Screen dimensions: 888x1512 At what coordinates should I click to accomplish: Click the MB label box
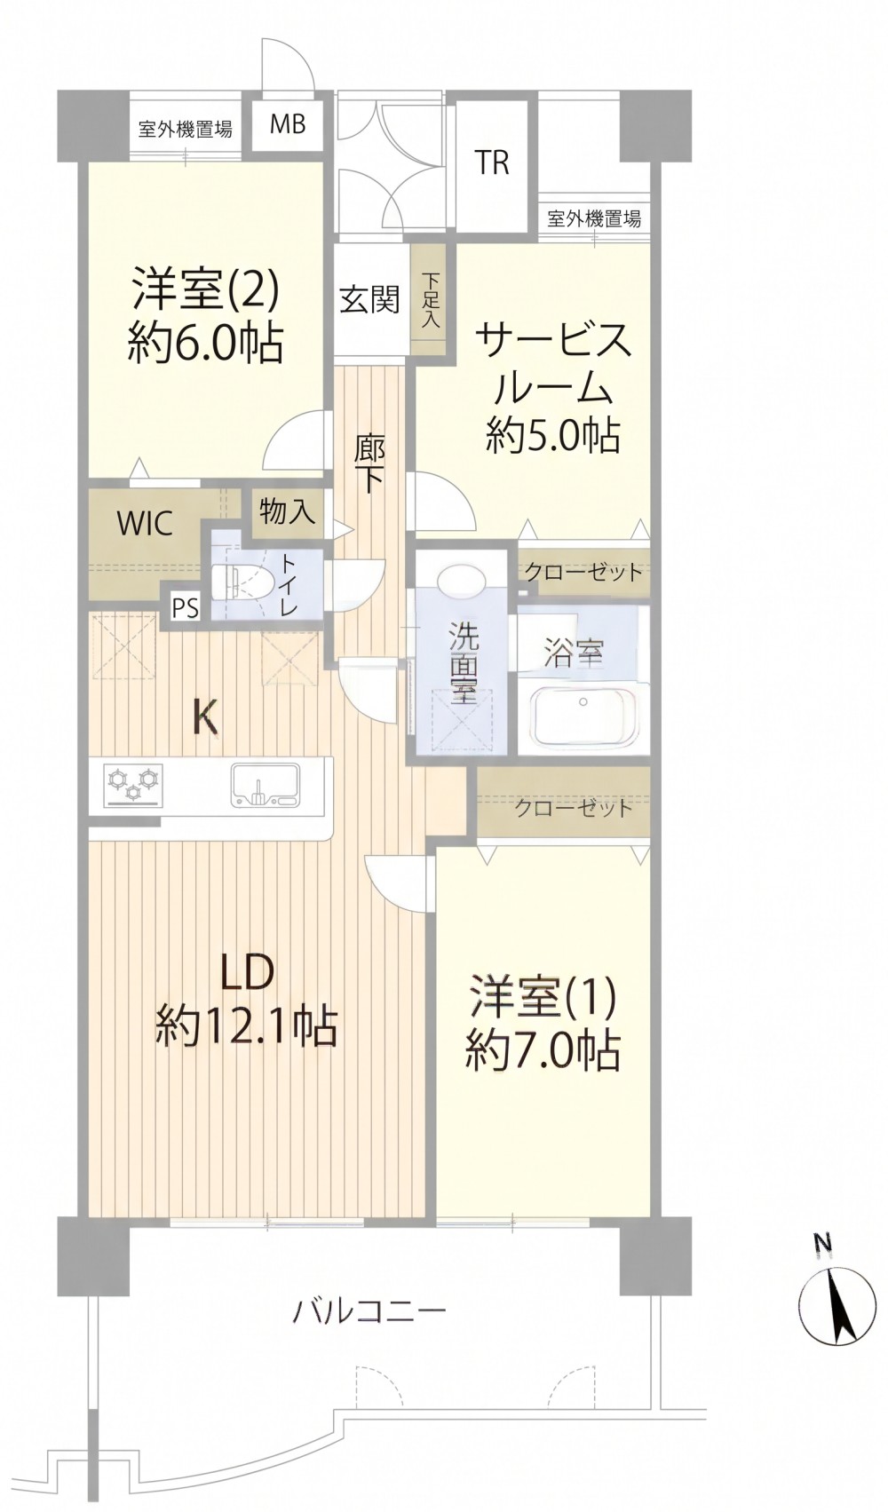tap(289, 125)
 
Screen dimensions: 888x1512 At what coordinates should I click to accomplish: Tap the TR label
tap(491, 162)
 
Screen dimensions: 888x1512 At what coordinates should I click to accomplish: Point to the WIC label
tap(145, 524)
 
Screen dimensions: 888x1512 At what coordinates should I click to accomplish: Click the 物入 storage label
tap(288, 513)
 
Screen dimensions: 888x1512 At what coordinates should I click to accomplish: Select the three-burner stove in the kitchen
tap(134, 784)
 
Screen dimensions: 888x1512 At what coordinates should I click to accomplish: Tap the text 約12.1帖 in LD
tap(246, 1028)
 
